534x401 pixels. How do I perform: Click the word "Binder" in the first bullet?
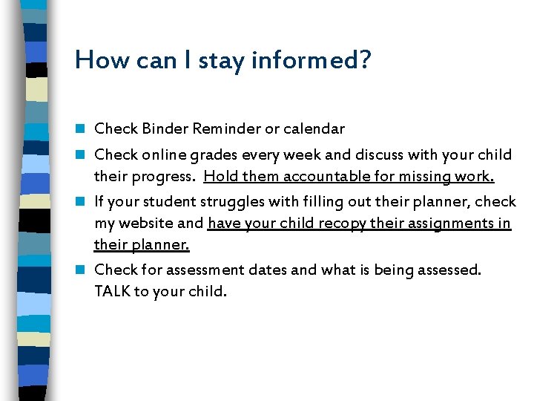coord(164,129)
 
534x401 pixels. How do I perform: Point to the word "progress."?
coord(162,177)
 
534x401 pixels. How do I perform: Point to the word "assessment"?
coord(209,270)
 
